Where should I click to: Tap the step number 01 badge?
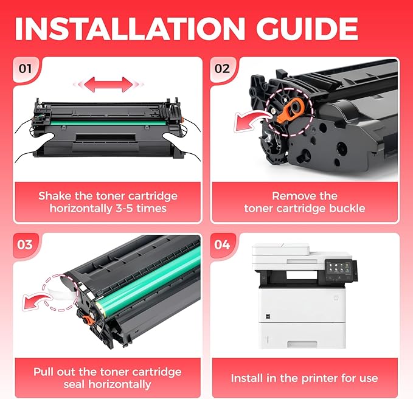[x=25, y=68]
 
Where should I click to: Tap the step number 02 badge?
[x=223, y=68]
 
